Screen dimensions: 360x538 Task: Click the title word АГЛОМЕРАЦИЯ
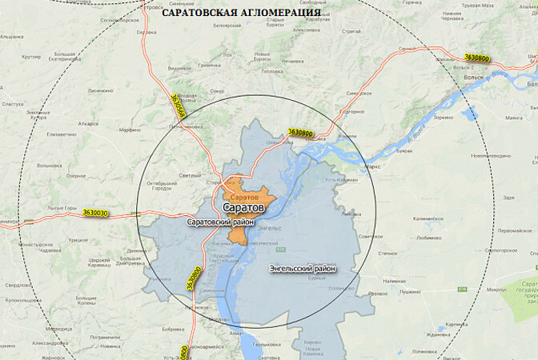coord(281,13)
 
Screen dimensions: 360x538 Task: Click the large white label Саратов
coord(243,208)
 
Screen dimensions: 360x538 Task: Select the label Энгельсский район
coord(302,268)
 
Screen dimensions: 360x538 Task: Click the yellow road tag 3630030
coord(94,213)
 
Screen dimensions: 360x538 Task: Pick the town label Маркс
coord(372,166)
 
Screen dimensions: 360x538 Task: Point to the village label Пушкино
coord(411,292)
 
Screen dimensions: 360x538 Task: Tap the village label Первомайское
coord(515,230)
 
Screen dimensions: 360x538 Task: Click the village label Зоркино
coord(444,118)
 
